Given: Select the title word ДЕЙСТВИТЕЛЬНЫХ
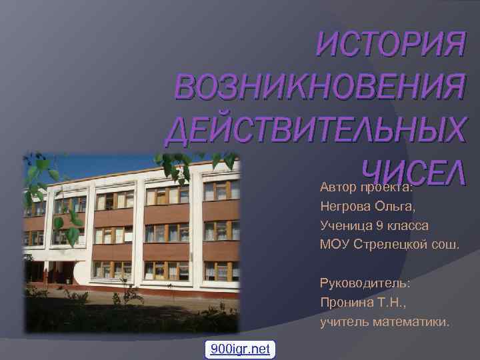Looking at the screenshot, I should (x=313, y=131).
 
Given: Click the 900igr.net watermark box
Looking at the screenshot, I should (x=240, y=349).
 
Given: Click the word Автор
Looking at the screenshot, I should (x=338, y=186).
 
